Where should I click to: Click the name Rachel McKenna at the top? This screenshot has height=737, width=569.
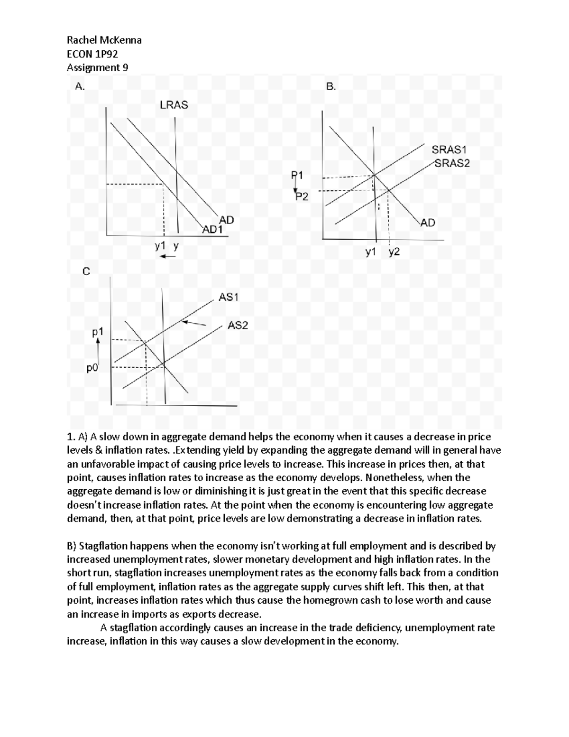click(104, 40)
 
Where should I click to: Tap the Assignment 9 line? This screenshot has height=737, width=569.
click(97, 67)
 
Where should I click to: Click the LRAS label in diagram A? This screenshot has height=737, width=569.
click(174, 105)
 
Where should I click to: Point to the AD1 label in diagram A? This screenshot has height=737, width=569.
click(212, 230)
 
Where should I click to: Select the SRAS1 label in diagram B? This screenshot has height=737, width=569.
click(446, 150)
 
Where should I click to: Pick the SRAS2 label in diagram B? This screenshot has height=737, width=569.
click(452, 164)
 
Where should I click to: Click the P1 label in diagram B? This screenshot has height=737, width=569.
click(297, 175)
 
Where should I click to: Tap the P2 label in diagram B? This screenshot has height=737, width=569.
click(302, 196)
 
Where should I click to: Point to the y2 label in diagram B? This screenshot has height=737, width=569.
click(394, 252)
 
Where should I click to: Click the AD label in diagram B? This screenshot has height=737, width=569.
click(428, 223)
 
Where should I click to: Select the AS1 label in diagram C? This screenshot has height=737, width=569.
click(228, 297)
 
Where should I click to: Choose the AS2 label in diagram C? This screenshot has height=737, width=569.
click(238, 326)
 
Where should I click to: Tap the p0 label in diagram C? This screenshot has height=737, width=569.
click(92, 367)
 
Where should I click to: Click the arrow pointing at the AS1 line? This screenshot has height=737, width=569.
click(194, 323)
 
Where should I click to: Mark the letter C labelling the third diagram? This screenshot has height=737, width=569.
click(86, 271)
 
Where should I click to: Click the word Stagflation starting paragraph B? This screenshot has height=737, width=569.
click(103, 546)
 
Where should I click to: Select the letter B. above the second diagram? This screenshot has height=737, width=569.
click(330, 86)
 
